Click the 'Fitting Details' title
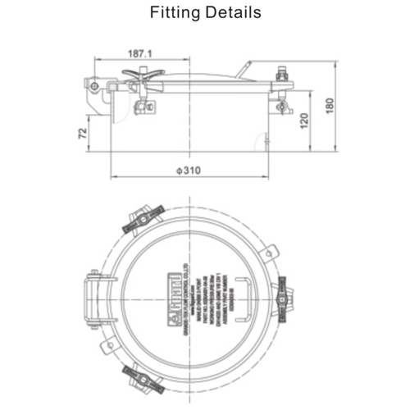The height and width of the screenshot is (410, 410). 205,13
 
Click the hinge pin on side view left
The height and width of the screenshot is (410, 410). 95,85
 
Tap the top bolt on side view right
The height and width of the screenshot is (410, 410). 284,74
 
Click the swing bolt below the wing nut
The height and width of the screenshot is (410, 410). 142,105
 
